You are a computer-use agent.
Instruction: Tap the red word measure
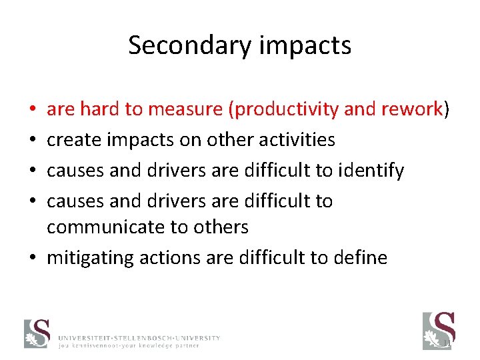[178, 109]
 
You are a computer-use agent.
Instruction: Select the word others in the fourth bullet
[221, 227]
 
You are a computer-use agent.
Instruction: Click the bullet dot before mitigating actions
[33, 258]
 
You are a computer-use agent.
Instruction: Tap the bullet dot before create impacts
[33, 140]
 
